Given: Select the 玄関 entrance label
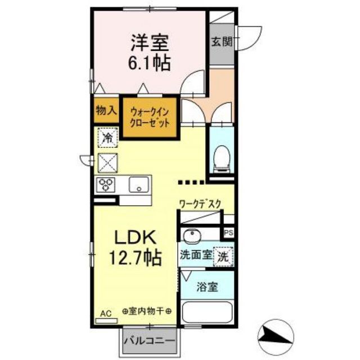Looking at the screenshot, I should click(220, 42).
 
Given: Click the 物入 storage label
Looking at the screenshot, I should click(106, 110).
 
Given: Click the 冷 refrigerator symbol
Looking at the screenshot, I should click(107, 136).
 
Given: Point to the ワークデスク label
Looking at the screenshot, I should click(199, 205).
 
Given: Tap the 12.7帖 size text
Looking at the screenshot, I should click(135, 258).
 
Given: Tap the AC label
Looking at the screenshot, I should click(106, 311).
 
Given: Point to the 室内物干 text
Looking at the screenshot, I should click(145, 311).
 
